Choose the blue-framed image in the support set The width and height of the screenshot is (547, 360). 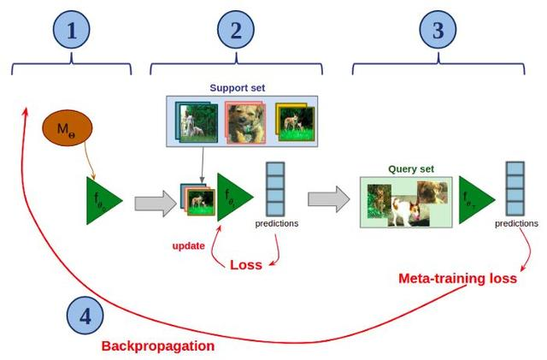[x=195, y=121]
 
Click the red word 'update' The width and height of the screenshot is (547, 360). [x=189, y=246]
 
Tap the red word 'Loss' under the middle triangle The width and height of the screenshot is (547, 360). [x=246, y=265]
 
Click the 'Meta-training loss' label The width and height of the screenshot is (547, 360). [x=457, y=279]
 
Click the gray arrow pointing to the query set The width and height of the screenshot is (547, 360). [x=328, y=201]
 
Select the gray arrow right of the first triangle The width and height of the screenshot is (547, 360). [x=154, y=202]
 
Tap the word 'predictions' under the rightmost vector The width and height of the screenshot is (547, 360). [x=516, y=224]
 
